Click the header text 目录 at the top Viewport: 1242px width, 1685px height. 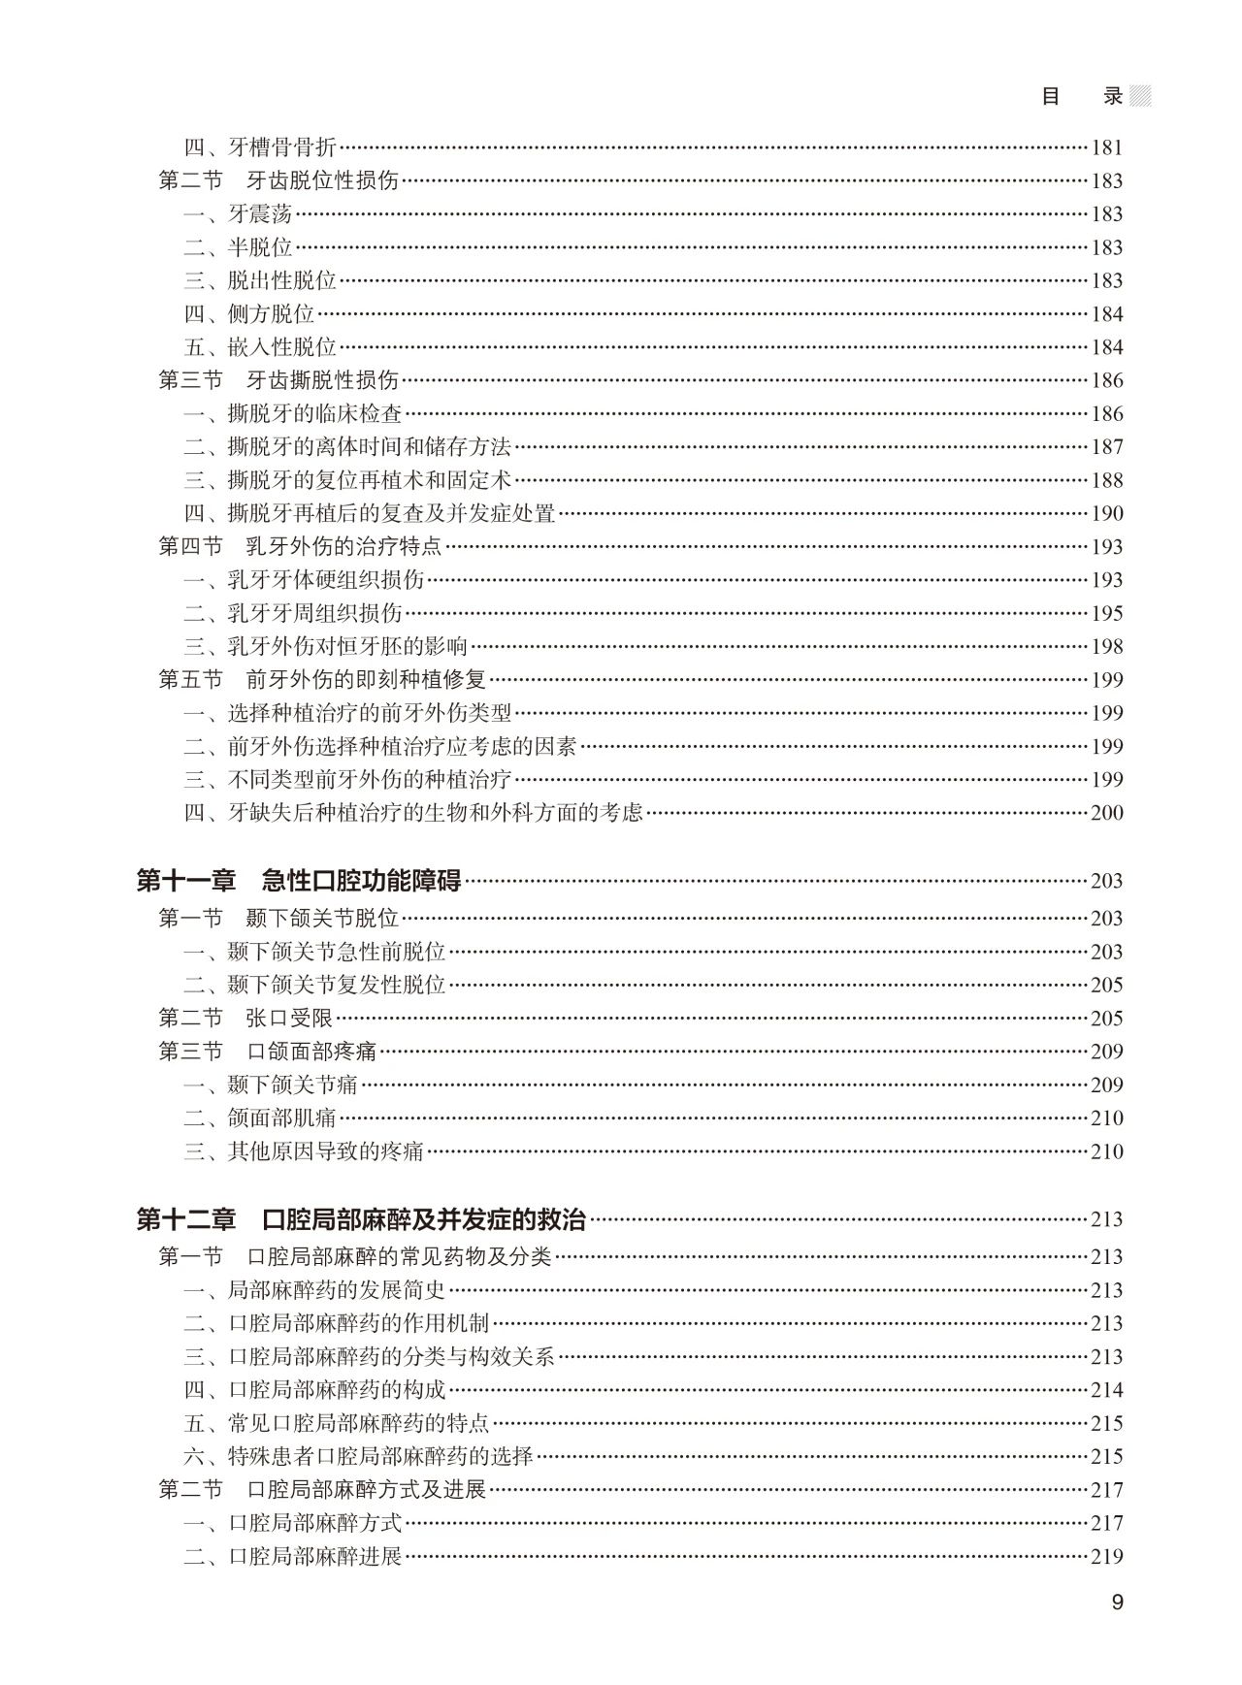(1082, 96)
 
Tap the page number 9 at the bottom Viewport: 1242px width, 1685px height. (1117, 1602)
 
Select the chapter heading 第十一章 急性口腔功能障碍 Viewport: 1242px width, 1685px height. (299, 881)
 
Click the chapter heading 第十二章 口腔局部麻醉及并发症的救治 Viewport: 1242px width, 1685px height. (361, 1219)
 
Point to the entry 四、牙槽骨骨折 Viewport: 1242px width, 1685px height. (260, 147)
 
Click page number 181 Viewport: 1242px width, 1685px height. (1107, 147)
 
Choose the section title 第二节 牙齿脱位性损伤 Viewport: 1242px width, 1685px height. (278, 180)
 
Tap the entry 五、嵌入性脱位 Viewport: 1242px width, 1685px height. (260, 347)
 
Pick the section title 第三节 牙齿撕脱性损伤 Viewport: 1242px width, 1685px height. (278, 380)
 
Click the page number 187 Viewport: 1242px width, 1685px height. (1107, 447)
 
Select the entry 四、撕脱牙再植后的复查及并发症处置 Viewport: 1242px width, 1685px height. (370, 513)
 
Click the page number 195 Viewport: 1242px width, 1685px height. (1107, 613)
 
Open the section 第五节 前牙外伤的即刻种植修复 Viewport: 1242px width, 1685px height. (322, 679)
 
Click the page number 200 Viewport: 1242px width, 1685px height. (1107, 813)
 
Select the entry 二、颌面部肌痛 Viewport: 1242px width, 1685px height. (260, 1118)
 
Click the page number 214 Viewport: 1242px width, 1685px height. (1107, 1390)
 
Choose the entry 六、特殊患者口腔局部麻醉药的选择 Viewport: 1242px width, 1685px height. (359, 1456)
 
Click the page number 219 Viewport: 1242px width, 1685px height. (1107, 1556)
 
